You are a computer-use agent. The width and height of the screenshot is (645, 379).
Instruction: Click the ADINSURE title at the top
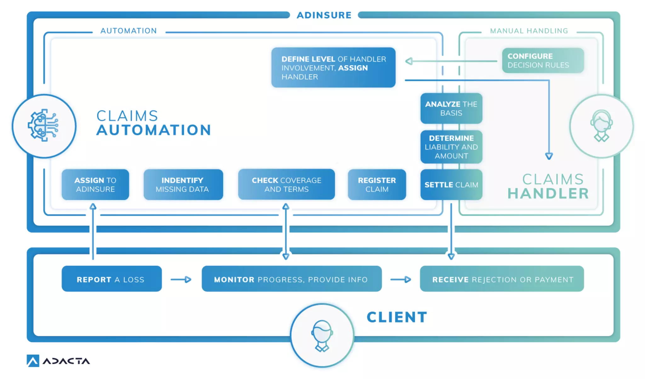[x=324, y=15]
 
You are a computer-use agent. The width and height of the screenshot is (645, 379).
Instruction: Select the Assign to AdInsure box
[x=95, y=185]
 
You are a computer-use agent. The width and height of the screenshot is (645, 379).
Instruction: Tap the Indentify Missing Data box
[x=183, y=185]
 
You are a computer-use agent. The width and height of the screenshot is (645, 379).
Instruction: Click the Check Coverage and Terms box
[x=286, y=185]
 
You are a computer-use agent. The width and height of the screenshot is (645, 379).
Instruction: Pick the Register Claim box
[x=377, y=185]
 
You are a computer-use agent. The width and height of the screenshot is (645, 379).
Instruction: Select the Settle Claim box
[x=451, y=185]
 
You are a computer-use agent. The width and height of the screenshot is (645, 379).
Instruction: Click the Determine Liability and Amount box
[x=451, y=147]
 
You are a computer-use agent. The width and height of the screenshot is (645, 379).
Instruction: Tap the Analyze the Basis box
[x=451, y=109]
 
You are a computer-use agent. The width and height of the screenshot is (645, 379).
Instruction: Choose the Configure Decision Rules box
[x=543, y=60]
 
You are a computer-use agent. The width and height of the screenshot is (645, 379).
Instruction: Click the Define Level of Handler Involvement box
[x=333, y=68]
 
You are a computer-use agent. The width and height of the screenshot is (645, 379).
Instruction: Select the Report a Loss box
[x=111, y=279]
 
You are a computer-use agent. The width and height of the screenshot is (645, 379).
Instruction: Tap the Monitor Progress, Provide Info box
[x=291, y=279]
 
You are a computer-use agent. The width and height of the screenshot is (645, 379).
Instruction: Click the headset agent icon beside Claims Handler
[x=601, y=126]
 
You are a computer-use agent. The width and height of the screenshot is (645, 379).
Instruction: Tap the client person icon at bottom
[x=322, y=335]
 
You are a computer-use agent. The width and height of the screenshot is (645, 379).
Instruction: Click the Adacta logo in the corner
[x=58, y=361]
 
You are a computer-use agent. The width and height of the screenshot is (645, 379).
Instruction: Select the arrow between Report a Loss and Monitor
[x=181, y=279]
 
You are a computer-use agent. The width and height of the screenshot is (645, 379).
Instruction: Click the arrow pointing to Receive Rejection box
[x=401, y=279]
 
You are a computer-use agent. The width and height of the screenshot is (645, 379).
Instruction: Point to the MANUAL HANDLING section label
[x=529, y=31]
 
